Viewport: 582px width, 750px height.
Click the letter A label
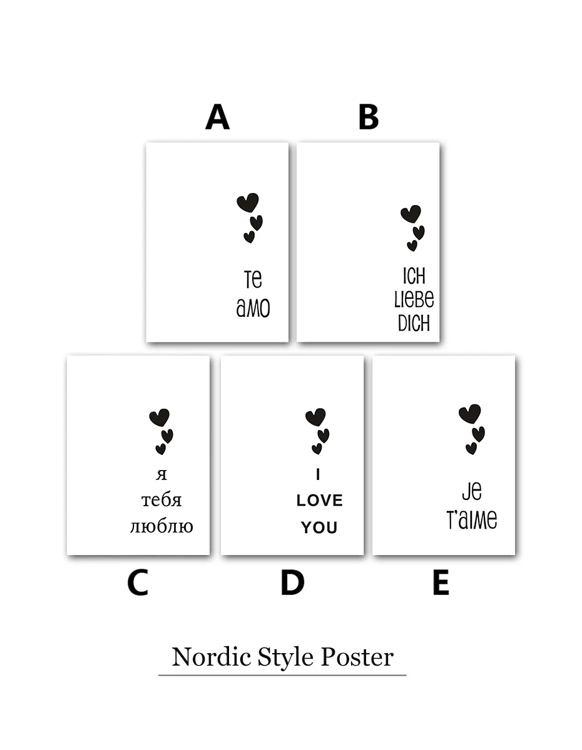217,117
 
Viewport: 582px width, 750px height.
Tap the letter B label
369,117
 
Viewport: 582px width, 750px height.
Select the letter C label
138,582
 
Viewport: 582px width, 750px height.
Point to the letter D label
292,582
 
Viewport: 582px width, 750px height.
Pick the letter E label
441,582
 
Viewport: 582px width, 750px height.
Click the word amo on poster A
253,308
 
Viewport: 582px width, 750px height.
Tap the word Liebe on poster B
414,299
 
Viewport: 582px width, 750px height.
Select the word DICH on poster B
414,323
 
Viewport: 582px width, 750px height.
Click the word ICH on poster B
414,276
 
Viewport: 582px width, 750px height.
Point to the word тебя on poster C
161,501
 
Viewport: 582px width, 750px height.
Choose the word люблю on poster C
161,527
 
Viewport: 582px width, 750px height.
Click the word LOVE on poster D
320,501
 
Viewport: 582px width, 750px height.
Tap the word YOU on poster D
319,527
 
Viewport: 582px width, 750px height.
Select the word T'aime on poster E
472,519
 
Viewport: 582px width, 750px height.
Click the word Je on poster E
472,491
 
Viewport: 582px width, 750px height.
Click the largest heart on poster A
248,202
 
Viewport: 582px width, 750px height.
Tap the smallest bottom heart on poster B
412,246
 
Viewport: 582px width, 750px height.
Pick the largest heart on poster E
470,414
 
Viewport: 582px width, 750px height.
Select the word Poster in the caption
357,657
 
